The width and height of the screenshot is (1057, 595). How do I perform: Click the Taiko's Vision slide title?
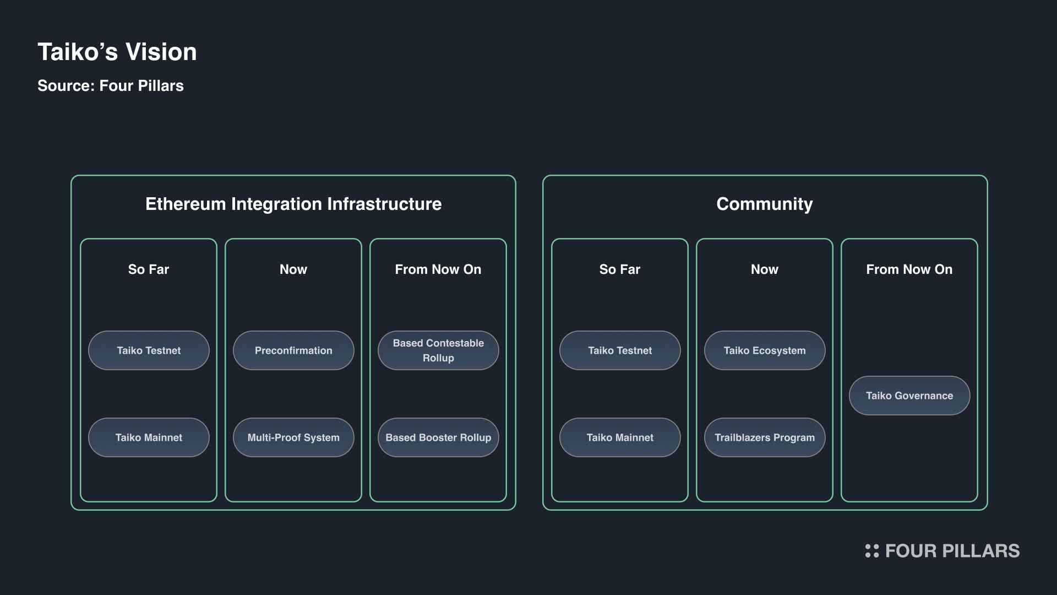pos(117,52)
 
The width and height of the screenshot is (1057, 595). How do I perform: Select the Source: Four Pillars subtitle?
pos(111,86)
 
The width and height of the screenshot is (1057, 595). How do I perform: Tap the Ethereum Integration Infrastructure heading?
pos(293,204)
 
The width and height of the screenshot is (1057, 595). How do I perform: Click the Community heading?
pos(765,204)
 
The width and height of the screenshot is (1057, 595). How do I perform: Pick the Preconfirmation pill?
pos(293,350)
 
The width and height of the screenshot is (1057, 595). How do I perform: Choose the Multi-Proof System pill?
pos(293,437)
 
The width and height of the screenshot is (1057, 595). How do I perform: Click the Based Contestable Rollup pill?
pos(438,350)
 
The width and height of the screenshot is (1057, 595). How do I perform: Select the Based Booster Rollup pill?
pos(438,437)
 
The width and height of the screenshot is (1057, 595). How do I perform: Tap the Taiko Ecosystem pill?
pos(765,350)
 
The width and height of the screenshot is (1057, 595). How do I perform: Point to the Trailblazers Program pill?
pos(765,437)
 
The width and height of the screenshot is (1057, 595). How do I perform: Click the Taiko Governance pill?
pos(909,396)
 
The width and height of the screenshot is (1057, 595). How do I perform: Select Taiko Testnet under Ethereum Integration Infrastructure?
pos(149,350)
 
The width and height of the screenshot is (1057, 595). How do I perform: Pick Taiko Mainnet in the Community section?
pos(620,437)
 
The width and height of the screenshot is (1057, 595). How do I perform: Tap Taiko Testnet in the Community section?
pos(620,350)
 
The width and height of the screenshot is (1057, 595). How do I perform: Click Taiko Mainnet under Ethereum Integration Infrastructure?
pos(149,437)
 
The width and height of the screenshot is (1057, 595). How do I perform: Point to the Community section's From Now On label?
pos(909,269)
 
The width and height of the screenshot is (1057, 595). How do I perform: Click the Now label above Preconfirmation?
pos(293,269)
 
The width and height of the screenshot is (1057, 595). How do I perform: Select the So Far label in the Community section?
pos(620,269)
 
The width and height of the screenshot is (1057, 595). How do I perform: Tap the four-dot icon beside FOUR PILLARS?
pos(872,551)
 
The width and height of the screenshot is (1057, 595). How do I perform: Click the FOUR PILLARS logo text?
pos(952,551)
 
